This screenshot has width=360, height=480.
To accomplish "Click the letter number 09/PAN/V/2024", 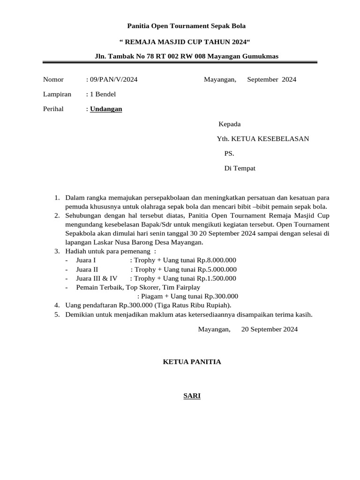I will click(113, 80).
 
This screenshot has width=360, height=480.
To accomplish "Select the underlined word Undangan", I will click(106, 109).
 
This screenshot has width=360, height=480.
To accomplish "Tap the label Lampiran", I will click(57, 94).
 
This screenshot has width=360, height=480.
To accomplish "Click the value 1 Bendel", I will click(103, 94).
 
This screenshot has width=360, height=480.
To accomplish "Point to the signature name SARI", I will click(192, 396).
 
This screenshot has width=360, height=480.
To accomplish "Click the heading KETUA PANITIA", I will click(192, 362).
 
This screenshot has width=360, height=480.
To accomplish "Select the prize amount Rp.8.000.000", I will click(217, 260).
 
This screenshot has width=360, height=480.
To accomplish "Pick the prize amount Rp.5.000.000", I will click(217, 270).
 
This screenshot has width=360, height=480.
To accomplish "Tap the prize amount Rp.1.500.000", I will click(217, 278).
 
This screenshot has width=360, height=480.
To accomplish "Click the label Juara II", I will click(87, 270).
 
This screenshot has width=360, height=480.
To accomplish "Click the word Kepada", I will click(230, 124).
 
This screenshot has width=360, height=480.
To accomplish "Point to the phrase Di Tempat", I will click(240, 168).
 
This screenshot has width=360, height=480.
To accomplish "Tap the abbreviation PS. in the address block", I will click(229, 153).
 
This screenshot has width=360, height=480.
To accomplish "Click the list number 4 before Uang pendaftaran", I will click(57, 305).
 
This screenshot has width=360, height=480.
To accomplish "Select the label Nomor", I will click(53, 80).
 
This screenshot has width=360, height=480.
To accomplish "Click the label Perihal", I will click(53, 109).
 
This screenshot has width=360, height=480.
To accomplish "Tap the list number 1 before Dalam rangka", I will click(57, 197).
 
